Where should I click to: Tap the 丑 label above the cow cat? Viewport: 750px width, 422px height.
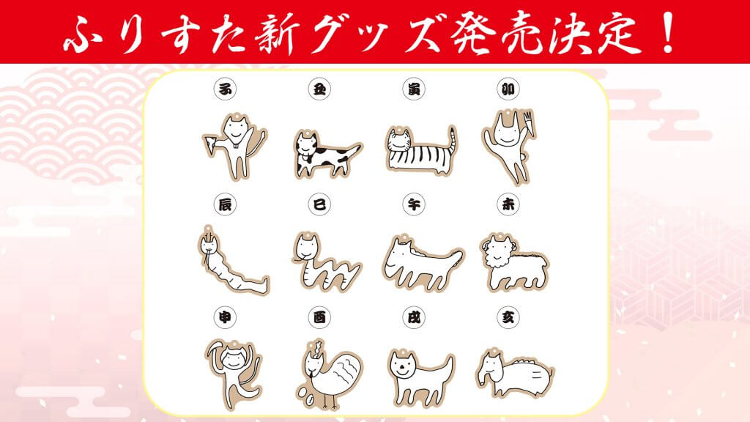(x=317, y=88)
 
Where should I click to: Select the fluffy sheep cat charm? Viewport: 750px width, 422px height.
(x=513, y=262)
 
